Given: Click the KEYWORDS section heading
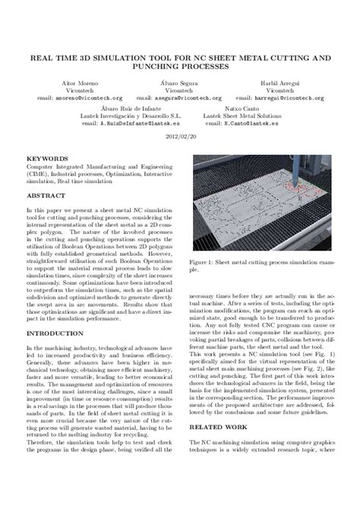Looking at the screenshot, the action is tap(44, 159).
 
